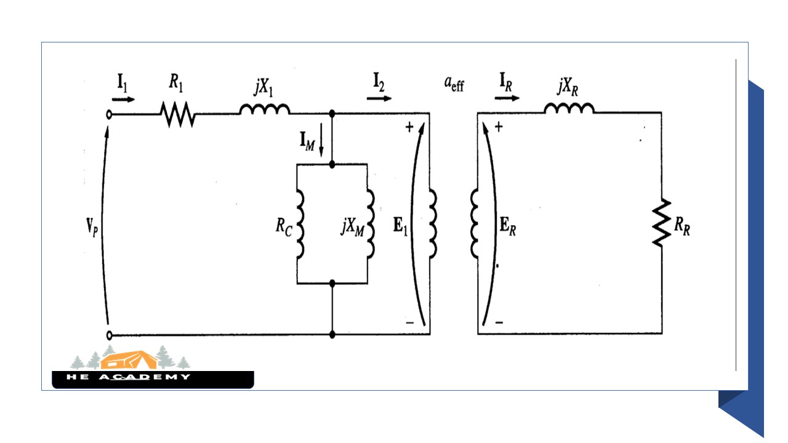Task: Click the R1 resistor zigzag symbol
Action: click(177, 114)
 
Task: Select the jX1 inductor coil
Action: click(264, 109)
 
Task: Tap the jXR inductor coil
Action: click(569, 108)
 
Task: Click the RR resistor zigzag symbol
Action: click(662, 223)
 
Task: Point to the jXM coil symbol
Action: click(371, 223)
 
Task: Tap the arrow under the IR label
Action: click(509, 98)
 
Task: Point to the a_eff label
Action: click(454, 84)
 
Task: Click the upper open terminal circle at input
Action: click(110, 114)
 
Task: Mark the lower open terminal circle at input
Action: click(110, 335)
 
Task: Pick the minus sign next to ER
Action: click(499, 322)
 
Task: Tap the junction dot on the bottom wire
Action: click(332, 335)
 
